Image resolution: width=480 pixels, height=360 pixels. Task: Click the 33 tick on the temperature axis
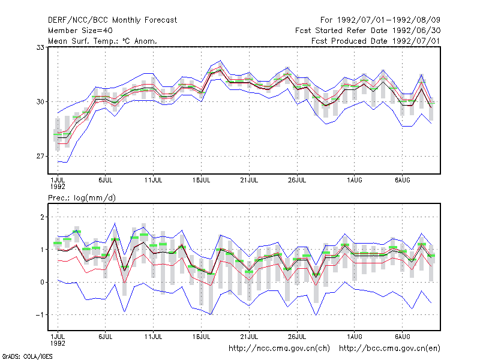coord(40,47)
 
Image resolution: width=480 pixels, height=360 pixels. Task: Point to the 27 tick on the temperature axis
coord(40,156)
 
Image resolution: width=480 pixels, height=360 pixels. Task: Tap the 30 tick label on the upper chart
coord(40,101)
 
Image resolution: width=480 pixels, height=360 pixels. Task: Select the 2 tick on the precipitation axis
coord(42,217)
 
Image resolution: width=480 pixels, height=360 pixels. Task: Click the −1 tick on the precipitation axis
coord(40,314)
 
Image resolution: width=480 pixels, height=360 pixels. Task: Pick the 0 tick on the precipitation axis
coord(42,282)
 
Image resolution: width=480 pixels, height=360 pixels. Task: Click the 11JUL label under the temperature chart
coord(153,180)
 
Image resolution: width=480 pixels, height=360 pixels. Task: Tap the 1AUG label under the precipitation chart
coord(355,337)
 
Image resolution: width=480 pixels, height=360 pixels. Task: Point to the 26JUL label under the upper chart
coord(297,180)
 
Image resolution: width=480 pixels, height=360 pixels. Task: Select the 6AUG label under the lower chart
coord(402,337)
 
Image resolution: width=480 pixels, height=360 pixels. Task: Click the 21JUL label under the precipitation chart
coord(249,337)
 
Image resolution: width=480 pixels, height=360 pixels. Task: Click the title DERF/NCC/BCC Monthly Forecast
coord(112,20)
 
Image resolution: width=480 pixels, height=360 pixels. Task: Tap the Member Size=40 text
coord(80,31)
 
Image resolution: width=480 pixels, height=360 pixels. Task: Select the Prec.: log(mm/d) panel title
coord(82,198)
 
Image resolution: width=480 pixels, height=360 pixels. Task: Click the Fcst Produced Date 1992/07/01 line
coord(376,41)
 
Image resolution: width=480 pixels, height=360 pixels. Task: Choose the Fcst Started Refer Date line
coord(368,31)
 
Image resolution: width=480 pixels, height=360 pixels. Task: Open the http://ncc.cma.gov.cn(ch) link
coord(279,348)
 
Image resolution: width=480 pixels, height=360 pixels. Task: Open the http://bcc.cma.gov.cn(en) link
coord(389,348)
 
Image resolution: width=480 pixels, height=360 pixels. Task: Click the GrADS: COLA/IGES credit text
coord(27,356)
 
